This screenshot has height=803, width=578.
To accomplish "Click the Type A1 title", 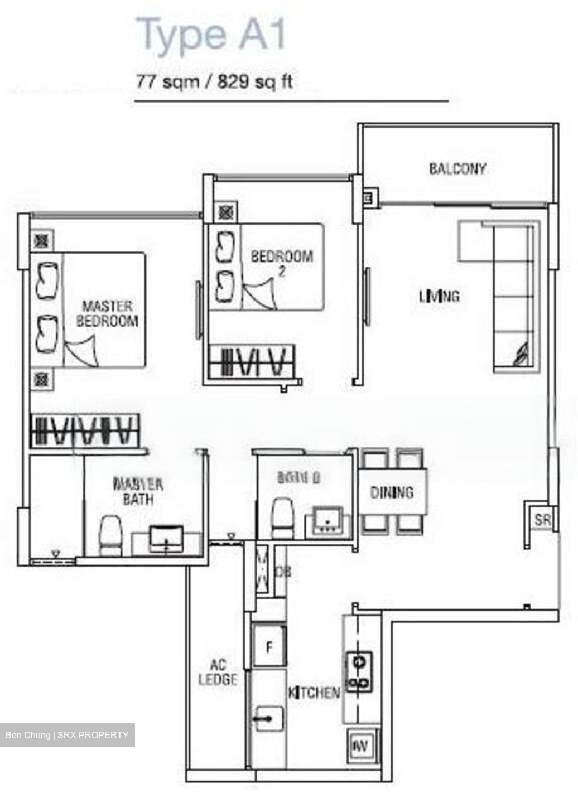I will pos(211,35).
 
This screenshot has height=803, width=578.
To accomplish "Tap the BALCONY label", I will pos(457,168).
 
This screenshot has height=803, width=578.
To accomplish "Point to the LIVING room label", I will pos(440,296).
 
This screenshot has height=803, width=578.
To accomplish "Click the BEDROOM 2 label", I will pos(282,263).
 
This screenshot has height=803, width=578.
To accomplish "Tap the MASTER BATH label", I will pos(138,491).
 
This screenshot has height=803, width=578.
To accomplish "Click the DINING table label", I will pos(392,492).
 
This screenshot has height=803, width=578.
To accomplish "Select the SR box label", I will pos(542,520).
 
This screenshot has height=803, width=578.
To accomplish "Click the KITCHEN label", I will pos(314,693).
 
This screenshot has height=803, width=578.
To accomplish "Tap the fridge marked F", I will pos(269,647).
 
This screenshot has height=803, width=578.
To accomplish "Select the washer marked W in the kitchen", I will pos(361,746).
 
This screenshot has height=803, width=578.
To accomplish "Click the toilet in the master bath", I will pos(110,535).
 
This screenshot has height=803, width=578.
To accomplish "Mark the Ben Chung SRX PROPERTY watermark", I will pos(67,735).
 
